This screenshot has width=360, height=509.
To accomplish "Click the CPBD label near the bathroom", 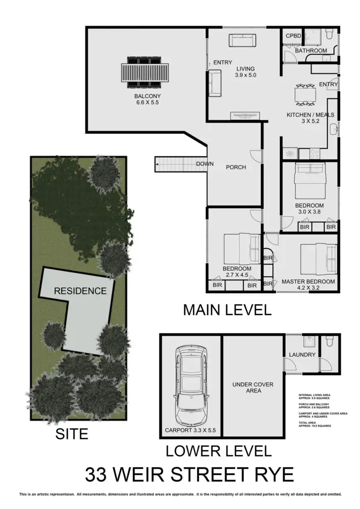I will click(x=293, y=36).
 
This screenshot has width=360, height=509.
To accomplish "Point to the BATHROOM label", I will click(x=311, y=51).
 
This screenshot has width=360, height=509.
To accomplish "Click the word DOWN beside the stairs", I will click(x=205, y=164).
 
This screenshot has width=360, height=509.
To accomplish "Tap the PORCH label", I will click(x=236, y=167).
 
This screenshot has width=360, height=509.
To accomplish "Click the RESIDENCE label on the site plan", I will click(x=80, y=291).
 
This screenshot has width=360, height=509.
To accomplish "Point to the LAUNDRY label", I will click(x=302, y=355).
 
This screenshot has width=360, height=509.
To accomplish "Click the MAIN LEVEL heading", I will click(x=227, y=309).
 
